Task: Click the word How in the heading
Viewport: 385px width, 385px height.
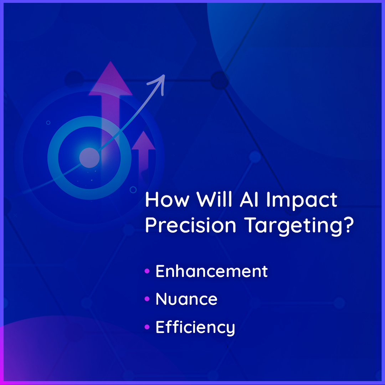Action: [167, 200]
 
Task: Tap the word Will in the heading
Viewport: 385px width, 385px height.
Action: [214, 199]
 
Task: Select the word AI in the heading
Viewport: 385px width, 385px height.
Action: [249, 199]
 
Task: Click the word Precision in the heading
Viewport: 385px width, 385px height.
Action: [190, 225]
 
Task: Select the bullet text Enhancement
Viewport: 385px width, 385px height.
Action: [212, 271]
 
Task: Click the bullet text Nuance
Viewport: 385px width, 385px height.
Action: [186, 299]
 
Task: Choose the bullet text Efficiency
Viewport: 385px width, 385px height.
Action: [195, 328]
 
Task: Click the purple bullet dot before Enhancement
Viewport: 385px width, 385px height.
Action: [147, 271]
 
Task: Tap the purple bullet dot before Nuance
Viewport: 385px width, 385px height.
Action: [147, 299]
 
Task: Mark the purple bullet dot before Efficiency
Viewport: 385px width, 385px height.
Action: [147, 327]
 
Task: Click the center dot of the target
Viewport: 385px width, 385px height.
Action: [89, 158]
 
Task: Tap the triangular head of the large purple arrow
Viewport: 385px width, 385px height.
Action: [111, 78]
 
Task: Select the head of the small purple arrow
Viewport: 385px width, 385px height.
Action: [144, 140]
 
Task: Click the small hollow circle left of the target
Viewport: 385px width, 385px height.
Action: [48, 123]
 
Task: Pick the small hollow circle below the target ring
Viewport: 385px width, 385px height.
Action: [133, 190]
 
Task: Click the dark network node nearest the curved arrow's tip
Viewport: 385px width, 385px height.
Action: [220, 80]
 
